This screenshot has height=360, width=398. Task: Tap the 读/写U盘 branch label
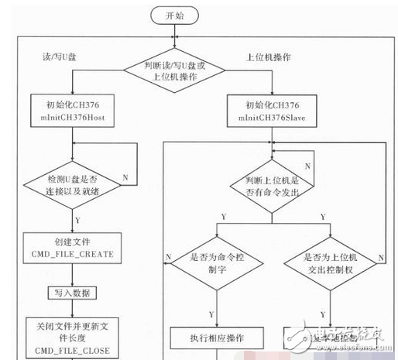point(54,57)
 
